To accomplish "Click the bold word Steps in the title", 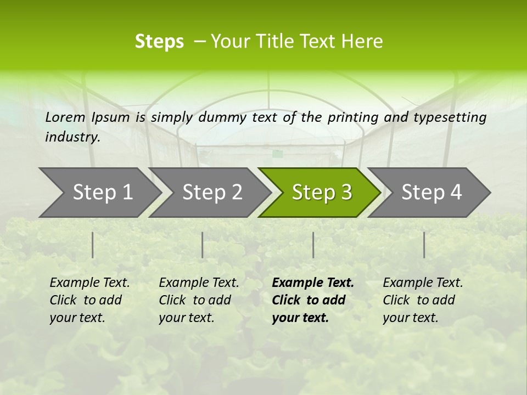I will [x=159, y=42].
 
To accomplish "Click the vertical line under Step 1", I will [x=93, y=245].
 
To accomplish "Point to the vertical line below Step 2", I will [x=203, y=245].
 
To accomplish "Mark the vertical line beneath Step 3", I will [x=313, y=245].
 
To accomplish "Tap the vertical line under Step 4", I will [x=424, y=245].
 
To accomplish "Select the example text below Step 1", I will [x=89, y=300].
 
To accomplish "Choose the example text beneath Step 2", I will [x=199, y=300].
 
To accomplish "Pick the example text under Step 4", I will [x=423, y=300].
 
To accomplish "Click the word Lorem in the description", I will [x=65, y=117].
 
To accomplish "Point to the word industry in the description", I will [x=72, y=137].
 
